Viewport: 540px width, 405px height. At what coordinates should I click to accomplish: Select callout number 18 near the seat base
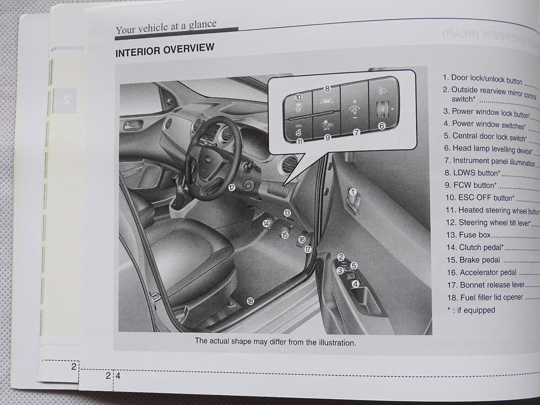point(250,301)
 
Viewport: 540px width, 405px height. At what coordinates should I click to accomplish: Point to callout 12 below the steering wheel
point(232,188)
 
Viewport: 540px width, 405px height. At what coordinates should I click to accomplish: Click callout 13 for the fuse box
point(287,213)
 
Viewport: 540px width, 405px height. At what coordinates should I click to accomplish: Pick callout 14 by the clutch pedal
point(266,223)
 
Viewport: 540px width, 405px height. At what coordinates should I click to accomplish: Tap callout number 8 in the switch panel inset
point(327,89)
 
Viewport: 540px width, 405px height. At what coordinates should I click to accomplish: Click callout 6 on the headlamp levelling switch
point(382,126)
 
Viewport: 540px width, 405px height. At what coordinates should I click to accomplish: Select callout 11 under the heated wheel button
point(300,142)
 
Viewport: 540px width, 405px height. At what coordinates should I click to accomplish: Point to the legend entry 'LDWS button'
point(472,173)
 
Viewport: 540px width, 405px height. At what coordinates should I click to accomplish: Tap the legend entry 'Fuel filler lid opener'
point(485,297)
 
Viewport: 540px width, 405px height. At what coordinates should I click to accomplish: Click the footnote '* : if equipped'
point(471,310)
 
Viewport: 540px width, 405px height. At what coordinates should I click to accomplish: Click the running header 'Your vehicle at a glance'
point(166,27)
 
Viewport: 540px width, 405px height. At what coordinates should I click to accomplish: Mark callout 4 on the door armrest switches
point(355,284)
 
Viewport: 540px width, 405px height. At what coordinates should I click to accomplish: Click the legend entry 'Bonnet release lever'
point(486,285)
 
